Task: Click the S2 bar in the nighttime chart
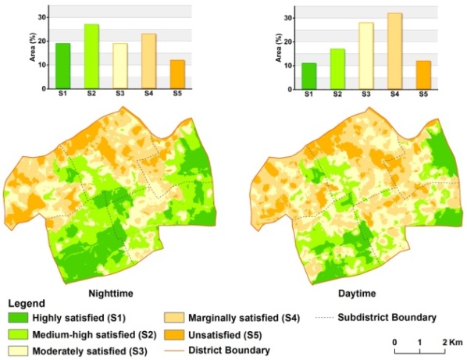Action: (x=91, y=56)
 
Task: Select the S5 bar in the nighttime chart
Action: (x=177, y=74)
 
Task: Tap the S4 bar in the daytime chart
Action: (x=394, y=52)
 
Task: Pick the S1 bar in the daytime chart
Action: (x=308, y=77)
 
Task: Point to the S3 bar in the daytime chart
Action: (x=366, y=56)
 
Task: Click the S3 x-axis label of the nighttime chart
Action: (x=120, y=94)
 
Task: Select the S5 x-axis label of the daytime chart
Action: (x=423, y=94)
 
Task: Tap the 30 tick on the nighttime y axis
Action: (x=42, y=17)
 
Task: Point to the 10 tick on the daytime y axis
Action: (x=287, y=66)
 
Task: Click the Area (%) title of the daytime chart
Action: (x=279, y=48)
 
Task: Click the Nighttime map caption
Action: (x=111, y=294)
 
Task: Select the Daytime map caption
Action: (x=357, y=294)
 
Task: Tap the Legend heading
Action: (x=27, y=304)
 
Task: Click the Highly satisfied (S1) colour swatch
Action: (x=18, y=318)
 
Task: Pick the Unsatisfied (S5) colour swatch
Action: (x=173, y=335)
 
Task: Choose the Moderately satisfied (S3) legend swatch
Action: (x=18, y=351)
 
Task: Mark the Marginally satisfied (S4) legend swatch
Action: (x=173, y=318)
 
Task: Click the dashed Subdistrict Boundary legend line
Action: (x=324, y=318)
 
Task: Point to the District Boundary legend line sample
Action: (x=173, y=351)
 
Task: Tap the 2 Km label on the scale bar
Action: (x=453, y=342)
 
